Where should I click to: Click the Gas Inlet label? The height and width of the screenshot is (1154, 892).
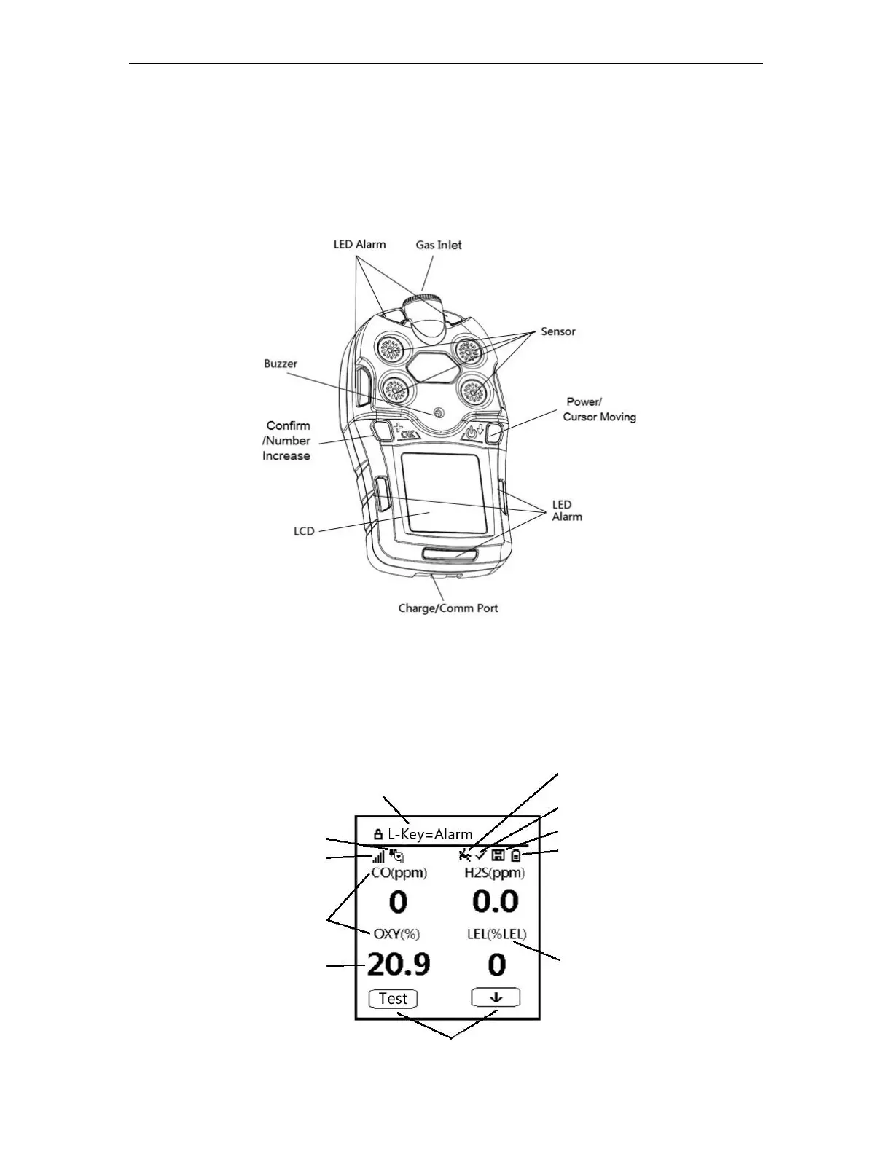coord(439,245)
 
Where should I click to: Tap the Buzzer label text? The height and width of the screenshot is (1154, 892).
coord(281,364)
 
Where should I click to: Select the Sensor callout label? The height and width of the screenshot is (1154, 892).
coord(557,331)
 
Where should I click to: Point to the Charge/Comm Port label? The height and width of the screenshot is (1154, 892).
coord(447,608)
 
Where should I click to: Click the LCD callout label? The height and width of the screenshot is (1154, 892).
coord(304,530)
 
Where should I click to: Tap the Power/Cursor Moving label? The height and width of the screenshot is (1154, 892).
coord(599,409)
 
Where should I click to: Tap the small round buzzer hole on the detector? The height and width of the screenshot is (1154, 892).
coord(438,412)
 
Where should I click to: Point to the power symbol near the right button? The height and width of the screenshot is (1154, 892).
coord(472,433)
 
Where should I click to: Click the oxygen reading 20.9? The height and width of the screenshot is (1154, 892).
coord(398,965)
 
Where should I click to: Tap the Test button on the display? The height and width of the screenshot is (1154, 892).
coord(393,998)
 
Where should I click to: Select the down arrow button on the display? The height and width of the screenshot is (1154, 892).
coord(496,997)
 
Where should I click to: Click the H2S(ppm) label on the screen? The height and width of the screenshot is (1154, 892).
coord(495,873)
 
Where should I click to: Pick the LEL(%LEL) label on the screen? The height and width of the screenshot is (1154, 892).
coord(497,934)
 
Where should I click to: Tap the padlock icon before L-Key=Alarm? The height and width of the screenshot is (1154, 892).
coord(377,834)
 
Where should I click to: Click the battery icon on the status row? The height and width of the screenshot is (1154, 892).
coord(516,855)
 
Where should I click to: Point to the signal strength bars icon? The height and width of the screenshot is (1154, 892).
coord(379,857)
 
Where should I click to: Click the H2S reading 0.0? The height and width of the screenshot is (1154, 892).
coord(495,902)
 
